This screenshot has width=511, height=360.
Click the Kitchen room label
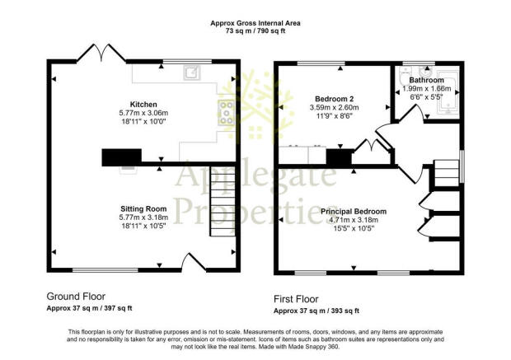pyautogui.click(x=143, y=105)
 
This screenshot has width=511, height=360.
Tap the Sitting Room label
pyautogui.click(x=143, y=208)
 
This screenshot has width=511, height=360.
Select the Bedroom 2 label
pyautogui.click(x=335, y=99)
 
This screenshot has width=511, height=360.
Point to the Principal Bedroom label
pyautogui.click(x=354, y=212)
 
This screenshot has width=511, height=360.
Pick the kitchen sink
pyautogui.click(x=191, y=72)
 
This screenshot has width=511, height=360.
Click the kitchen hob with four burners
pyautogui.click(x=226, y=112)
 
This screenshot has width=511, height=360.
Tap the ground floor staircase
pyautogui.click(x=223, y=201)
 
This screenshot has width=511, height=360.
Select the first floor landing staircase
pyautogui.click(x=446, y=173)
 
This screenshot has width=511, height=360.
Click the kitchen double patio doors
pyautogui.click(x=101, y=53)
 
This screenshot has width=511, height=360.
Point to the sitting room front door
pyautogui.click(x=195, y=263)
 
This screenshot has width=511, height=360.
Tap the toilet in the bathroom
pyautogui.click(x=405, y=77)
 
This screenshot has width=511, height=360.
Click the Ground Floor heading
pyautogui.click(x=76, y=297)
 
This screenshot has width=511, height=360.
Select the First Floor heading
pyautogui.click(x=296, y=299)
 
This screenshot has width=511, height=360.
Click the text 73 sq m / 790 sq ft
pyautogui.click(x=255, y=31)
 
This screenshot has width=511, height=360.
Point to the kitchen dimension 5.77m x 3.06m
pyautogui.click(x=143, y=113)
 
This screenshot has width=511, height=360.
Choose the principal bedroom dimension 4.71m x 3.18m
pyautogui.click(x=354, y=220)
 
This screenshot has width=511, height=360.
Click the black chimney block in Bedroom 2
pyautogui.click(x=340, y=157)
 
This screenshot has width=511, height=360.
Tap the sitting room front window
pyautogui.click(x=105, y=270)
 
